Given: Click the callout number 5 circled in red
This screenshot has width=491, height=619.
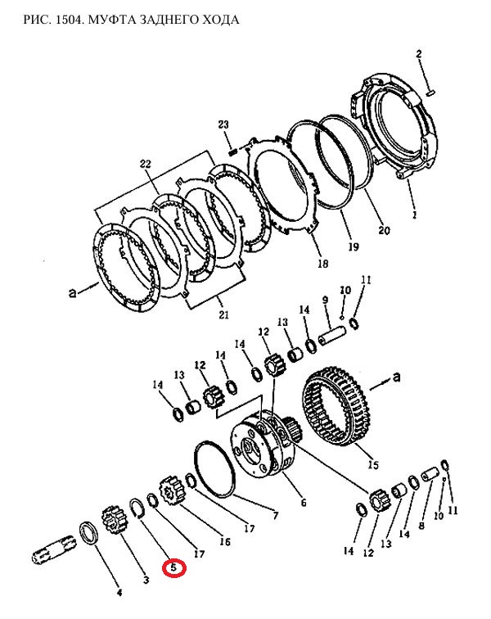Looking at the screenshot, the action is click(173, 568).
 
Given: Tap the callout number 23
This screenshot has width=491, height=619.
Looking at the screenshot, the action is click(223, 124).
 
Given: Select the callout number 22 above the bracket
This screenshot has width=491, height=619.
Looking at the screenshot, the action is click(145, 164).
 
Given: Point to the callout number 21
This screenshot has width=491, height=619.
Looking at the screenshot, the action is click(223, 314).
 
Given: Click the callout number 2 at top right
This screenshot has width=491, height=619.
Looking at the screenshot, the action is click(419, 54).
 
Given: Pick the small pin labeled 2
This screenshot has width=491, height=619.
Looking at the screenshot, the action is click(431, 93).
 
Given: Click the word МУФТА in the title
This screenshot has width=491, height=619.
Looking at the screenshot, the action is click(112, 20).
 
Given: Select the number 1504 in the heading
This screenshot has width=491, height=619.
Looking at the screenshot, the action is click(69, 20).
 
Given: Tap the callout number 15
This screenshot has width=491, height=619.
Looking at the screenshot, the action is click(373, 464).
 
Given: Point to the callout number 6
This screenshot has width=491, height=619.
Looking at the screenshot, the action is click(303, 503).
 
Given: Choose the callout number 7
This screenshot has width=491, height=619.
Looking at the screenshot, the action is click(275, 515).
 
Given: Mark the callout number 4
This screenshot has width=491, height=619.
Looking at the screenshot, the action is click(119, 592).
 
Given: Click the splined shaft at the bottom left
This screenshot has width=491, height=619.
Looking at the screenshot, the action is click(53, 550).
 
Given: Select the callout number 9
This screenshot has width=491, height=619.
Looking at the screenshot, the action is click(325, 300).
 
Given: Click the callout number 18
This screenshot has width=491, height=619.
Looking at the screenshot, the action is click(323, 264).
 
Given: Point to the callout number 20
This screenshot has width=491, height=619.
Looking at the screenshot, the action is click(384, 230).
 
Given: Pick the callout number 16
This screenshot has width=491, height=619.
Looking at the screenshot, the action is click(224, 542).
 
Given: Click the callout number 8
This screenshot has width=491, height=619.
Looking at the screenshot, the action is click(421, 526).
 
